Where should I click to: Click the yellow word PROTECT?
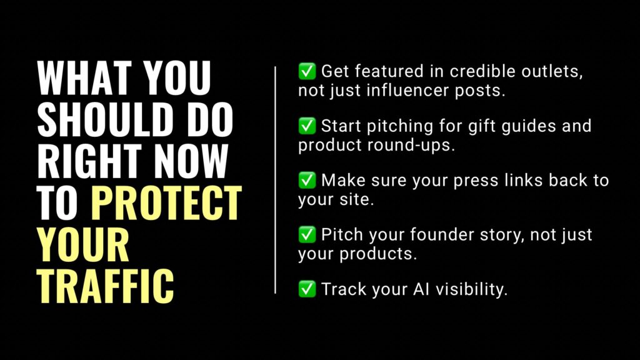pyautogui.click(x=166, y=202)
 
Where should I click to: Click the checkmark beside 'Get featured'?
pyautogui.click(x=307, y=72)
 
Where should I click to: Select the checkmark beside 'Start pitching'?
pyautogui.click(x=307, y=126)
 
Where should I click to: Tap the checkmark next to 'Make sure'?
pyautogui.click(x=307, y=181)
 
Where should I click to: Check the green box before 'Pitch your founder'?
pyautogui.click(x=307, y=235)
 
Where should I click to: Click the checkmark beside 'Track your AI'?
pyautogui.click(x=307, y=289)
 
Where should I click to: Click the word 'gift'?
pyautogui.click(x=477, y=126)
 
